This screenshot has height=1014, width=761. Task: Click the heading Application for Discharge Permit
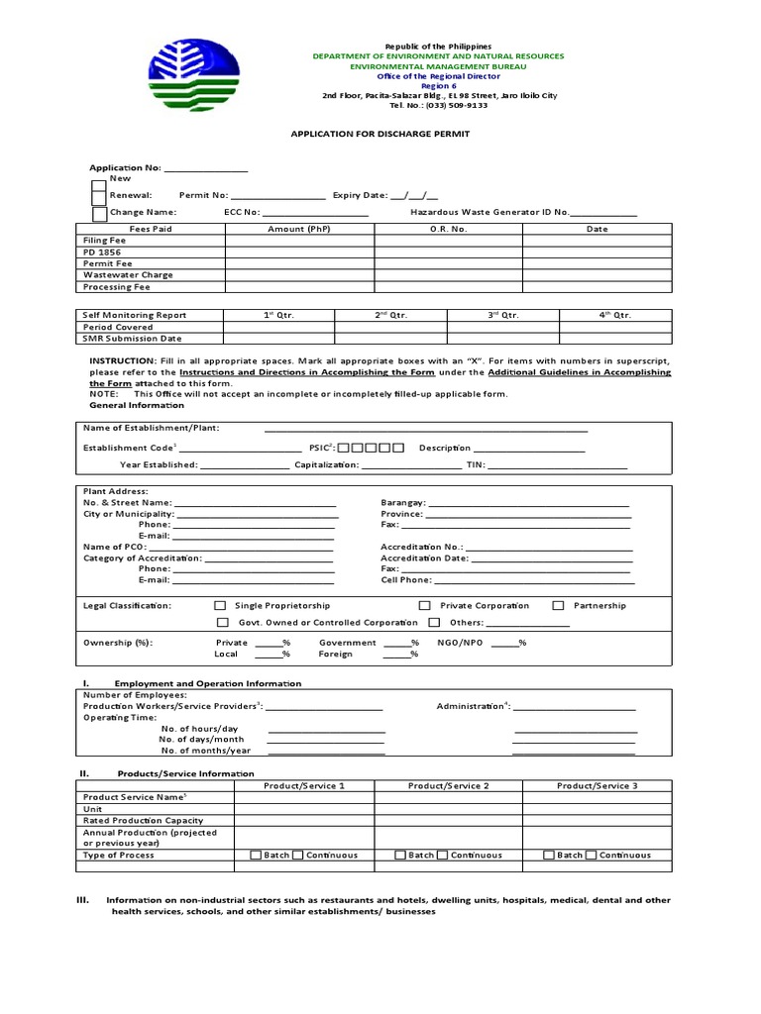pyautogui.click(x=380, y=133)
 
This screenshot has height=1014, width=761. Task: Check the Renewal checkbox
pyautogui.click(x=99, y=197)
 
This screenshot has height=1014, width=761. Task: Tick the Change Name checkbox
pyautogui.click(x=99, y=213)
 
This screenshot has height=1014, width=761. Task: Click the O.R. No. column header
pyautogui.click(x=448, y=229)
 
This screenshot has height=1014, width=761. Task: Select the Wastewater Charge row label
pyautogui.click(x=128, y=275)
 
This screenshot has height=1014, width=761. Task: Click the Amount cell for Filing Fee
pyautogui.click(x=299, y=241)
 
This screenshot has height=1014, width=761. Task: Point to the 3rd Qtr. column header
pyautogui.click(x=503, y=315)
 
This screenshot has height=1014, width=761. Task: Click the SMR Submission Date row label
pyautogui.click(x=132, y=339)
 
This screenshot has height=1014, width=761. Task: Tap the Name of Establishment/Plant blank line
pyautogui.click(x=426, y=429)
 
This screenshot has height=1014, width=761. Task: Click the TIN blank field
pyautogui.click(x=557, y=464)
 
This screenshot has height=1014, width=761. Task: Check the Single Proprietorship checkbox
pyautogui.click(x=221, y=605)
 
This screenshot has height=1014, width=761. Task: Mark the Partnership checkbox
pyautogui.click(x=559, y=605)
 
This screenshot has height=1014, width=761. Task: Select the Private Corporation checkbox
pyautogui.click(x=425, y=605)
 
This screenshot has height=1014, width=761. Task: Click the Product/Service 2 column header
pyautogui.click(x=449, y=785)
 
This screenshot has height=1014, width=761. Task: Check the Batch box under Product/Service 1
pyautogui.click(x=256, y=855)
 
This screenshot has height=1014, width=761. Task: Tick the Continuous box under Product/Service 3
pyautogui.click(x=592, y=855)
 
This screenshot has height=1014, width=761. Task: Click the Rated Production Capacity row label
pyautogui.click(x=143, y=820)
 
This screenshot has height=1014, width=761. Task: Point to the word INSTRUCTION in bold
pyautogui.click(x=122, y=361)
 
